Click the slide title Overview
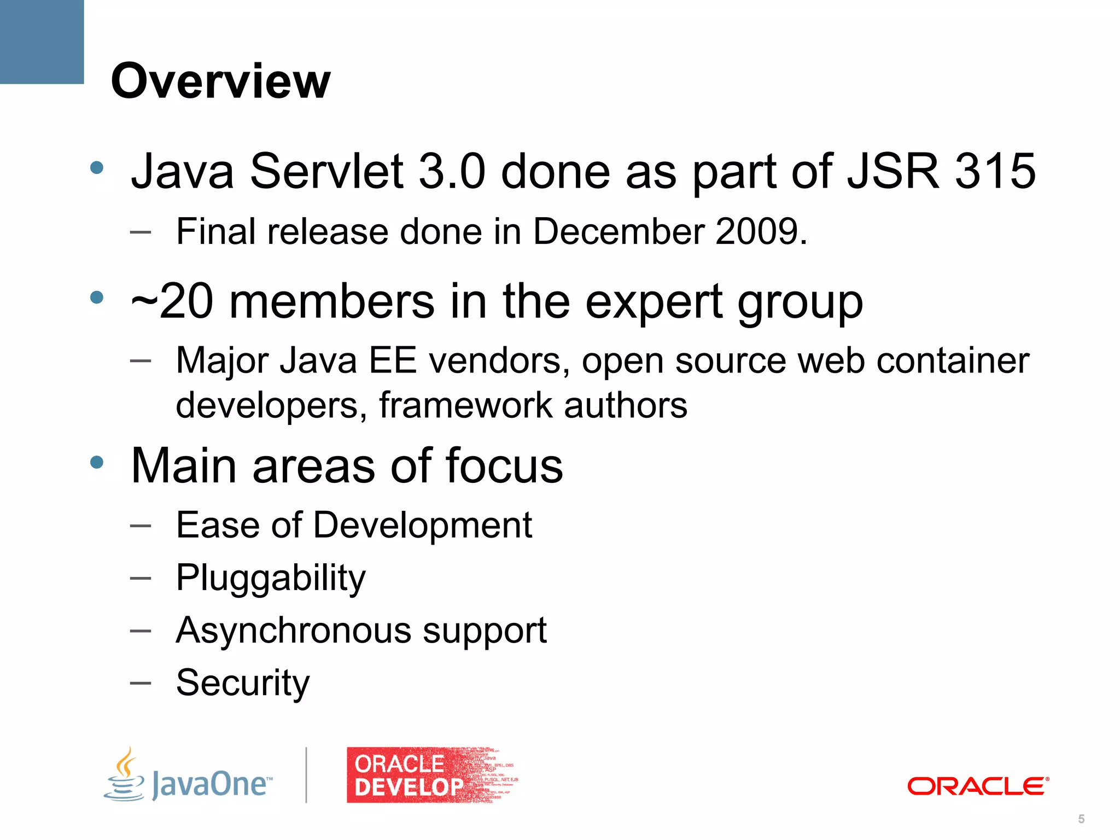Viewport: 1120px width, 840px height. [220, 81]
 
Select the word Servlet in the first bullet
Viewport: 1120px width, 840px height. [326, 171]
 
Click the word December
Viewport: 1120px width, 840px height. [618, 231]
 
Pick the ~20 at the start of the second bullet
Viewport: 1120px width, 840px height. [172, 302]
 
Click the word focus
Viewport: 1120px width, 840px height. [504, 466]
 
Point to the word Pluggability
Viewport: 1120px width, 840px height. [271, 578]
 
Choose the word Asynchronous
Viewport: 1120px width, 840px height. [293, 630]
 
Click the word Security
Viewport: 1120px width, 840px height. [243, 683]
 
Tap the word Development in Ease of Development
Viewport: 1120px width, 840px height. [423, 525]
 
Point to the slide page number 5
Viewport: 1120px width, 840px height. [1081, 819]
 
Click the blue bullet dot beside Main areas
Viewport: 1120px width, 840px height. [97, 463]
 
